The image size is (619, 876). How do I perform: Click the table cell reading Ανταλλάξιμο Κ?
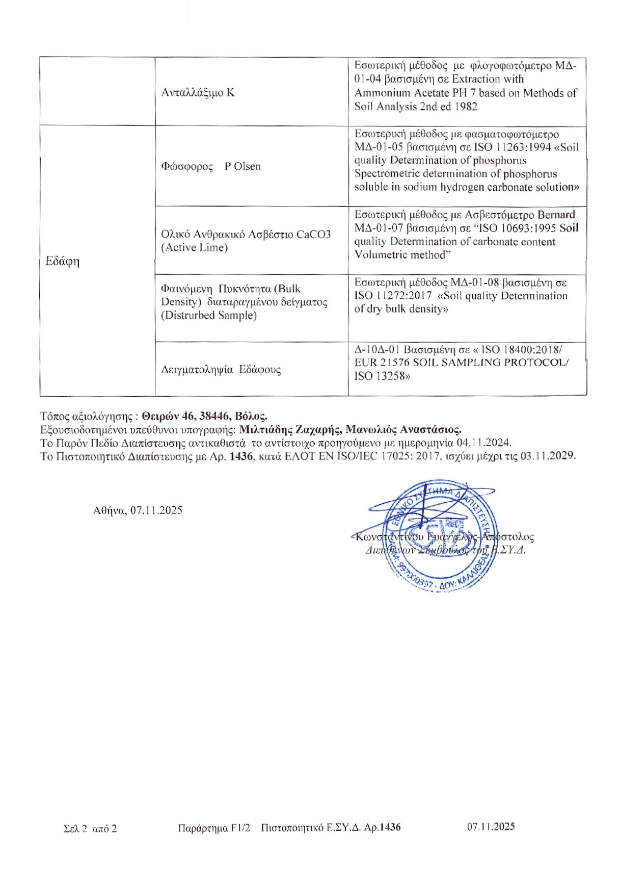point(198,93)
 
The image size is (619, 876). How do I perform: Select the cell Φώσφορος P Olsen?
point(210,167)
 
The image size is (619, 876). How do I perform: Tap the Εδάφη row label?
point(62,262)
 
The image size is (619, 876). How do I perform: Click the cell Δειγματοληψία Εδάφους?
point(221,370)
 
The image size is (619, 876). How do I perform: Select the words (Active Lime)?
point(194,248)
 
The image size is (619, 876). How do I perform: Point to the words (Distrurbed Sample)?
point(209,315)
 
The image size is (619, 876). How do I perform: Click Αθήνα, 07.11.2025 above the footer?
point(138,510)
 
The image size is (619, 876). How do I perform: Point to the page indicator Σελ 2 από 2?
point(90,829)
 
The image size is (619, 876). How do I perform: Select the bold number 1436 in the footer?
point(390,827)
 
